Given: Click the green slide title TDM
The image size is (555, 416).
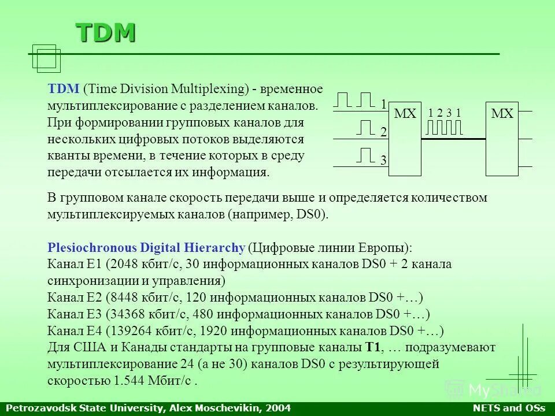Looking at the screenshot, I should (106, 33).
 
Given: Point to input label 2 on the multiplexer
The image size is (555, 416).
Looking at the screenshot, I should (383, 132).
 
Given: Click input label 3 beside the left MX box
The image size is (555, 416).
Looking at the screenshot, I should (383, 161).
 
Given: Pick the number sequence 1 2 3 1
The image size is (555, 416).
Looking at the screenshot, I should (445, 113).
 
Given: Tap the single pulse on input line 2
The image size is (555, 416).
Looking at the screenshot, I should (366, 127).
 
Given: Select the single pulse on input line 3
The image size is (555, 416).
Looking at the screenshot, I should (366, 155).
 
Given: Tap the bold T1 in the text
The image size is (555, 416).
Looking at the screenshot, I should (372, 348).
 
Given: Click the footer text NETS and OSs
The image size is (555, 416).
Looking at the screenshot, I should (516, 408).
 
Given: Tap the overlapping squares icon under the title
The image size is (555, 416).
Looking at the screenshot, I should (46, 58).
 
